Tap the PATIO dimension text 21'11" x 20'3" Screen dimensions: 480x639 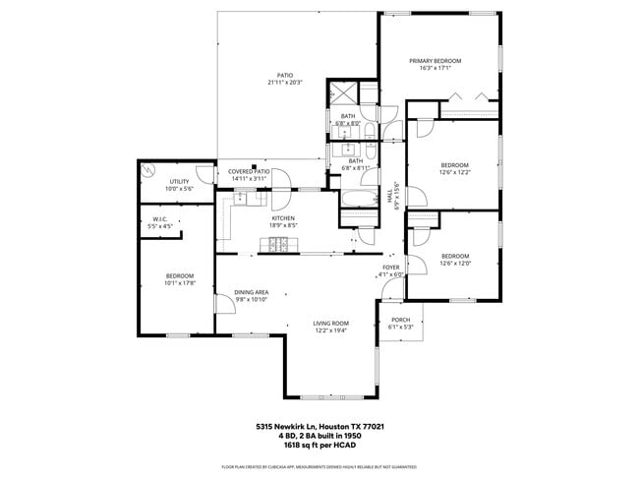(x=284, y=83)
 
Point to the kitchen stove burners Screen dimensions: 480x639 (x=278, y=243)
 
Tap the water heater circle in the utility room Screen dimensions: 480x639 (x=147, y=170)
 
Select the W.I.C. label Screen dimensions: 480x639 (x=159, y=218)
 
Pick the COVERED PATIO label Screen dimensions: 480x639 (x=249, y=171)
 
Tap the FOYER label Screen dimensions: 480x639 (x=391, y=267)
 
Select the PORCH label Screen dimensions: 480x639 (x=400, y=320)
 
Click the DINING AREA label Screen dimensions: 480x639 (x=252, y=292)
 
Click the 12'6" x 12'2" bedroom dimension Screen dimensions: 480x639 (x=454, y=172)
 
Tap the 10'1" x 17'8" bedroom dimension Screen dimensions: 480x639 (x=179, y=283)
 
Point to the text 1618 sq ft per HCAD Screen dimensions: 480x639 (x=319, y=445)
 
